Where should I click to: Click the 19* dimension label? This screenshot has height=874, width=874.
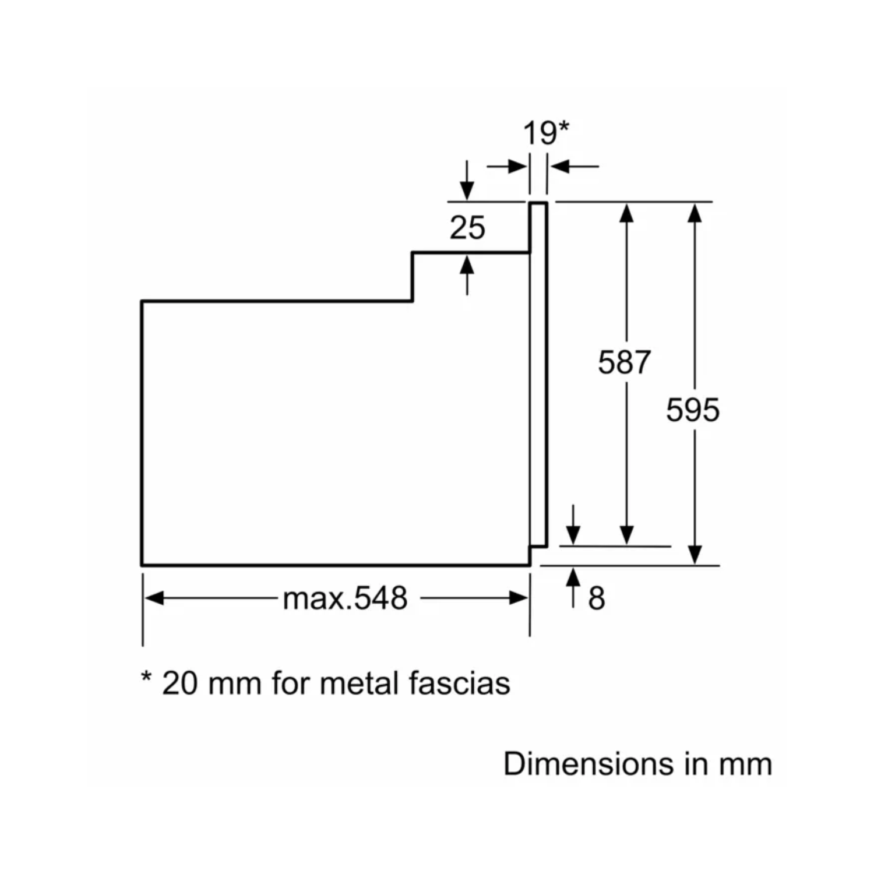click(545, 133)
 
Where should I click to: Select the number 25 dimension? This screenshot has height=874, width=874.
click(467, 227)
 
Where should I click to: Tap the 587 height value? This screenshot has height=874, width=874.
click(624, 362)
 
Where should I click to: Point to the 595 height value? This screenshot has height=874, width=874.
click(693, 410)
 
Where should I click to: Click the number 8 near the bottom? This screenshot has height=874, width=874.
click(597, 598)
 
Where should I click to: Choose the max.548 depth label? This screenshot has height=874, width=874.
click(345, 598)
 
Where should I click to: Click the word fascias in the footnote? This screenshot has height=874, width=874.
click(459, 683)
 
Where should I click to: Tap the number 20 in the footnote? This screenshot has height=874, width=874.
click(179, 683)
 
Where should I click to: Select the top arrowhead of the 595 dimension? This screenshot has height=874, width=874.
click(695, 213)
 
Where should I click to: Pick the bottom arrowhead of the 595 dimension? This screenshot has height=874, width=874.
click(695, 554)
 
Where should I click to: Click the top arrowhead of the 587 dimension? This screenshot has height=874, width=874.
click(626, 213)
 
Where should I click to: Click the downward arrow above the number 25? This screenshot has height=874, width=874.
click(467, 188)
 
